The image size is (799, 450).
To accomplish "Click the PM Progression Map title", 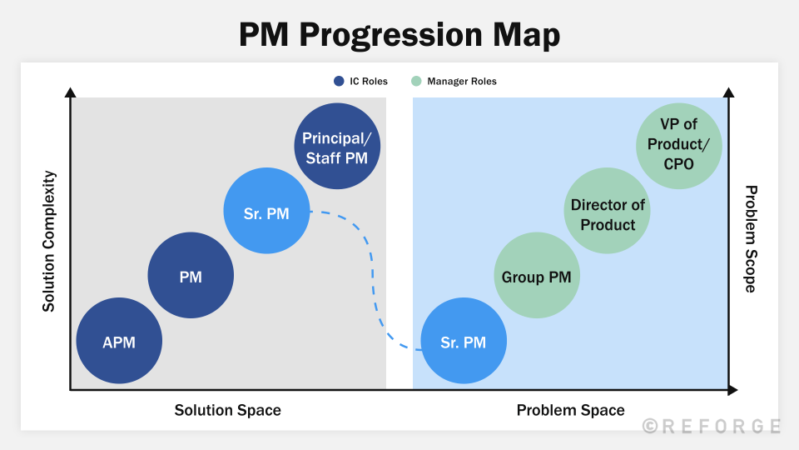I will (399, 35).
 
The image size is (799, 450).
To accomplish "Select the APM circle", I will (119, 342).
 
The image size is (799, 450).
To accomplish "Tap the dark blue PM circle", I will (191, 277).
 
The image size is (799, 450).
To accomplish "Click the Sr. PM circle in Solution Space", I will (266, 213).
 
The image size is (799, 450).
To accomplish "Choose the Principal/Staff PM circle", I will (336, 147).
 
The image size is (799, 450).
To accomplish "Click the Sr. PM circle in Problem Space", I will (464, 342).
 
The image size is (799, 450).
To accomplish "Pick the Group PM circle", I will (536, 277).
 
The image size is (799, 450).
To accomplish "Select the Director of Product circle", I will (608, 214).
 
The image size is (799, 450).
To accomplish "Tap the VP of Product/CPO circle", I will (678, 143).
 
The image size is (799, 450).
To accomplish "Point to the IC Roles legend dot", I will (339, 82).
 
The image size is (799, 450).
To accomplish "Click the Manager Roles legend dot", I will (416, 82).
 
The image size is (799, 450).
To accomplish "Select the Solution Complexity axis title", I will (49, 242).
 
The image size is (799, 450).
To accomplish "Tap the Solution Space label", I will (227, 410).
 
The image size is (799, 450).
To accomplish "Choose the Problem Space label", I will (570, 410).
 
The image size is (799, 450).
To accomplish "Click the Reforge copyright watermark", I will (712, 426).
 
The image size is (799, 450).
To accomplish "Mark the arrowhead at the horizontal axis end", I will (732, 389).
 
